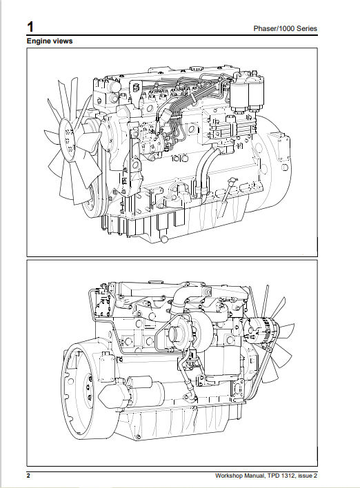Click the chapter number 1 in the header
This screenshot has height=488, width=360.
point(30,27)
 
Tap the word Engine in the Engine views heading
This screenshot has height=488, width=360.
point(38,41)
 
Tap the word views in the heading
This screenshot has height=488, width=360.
point(63,41)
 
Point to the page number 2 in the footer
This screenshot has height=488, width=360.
point(28,476)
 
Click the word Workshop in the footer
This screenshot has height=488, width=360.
point(232,476)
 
